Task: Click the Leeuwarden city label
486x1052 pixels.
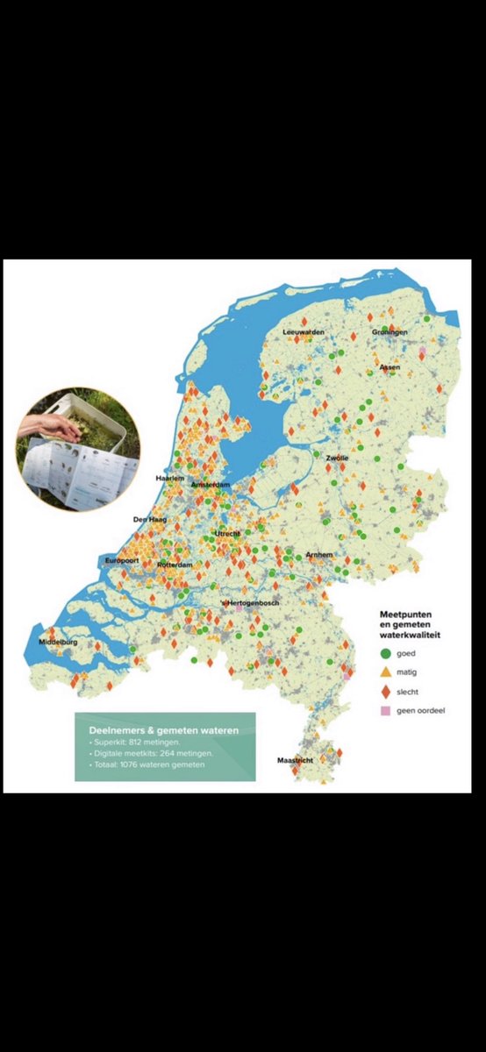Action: [x=304, y=333]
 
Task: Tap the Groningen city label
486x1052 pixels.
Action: [x=389, y=333]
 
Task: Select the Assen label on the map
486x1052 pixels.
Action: [x=390, y=366]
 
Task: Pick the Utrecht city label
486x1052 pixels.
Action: [x=228, y=534]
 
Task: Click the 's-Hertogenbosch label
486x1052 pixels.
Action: [x=255, y=604]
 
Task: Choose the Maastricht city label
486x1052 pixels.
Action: [x=295, y=759]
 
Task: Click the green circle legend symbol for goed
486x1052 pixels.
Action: [x=385, y=653]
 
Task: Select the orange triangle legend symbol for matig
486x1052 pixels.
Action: [x=385, y=672]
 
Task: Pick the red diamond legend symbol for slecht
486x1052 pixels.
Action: [x=385, y=691]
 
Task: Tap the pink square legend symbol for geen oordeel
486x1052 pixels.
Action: [x=385, y=710]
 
